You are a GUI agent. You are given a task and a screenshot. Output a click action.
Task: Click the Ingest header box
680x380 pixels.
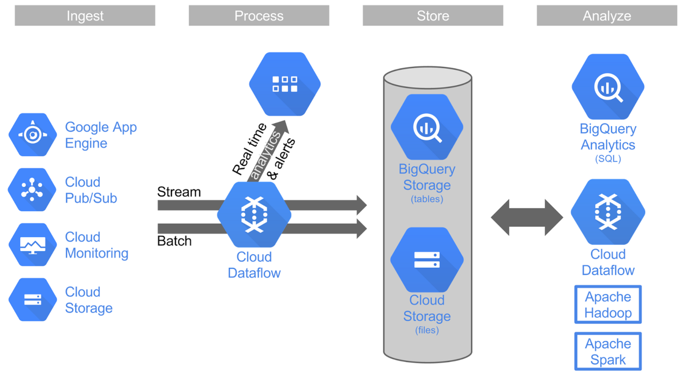[x=85, y=16]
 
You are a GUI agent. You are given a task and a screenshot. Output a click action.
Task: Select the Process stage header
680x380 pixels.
[x=258, y=16]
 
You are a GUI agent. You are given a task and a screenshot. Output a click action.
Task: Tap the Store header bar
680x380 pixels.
[x=433, y=16]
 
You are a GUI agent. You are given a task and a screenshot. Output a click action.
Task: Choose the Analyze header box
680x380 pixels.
[x=607, y=16]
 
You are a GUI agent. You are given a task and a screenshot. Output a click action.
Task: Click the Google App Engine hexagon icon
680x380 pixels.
[x=33, y=135]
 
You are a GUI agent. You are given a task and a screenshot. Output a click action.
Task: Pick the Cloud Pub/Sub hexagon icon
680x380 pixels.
[x=33, y=190]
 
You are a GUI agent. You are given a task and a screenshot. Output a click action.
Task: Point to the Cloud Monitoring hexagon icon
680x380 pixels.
[x=33, y=245]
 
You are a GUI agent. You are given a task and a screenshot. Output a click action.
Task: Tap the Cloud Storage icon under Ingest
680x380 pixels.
[x=33, y=299]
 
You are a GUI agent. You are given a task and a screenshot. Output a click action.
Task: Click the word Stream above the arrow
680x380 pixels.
[x=179, y=192]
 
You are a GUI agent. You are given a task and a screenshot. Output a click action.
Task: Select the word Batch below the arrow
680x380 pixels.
[x=174, y=241]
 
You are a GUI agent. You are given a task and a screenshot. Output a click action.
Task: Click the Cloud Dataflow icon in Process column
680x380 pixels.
[x=254, y=215]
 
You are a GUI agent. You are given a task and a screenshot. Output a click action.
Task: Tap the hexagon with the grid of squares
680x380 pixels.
[x=284, y=84]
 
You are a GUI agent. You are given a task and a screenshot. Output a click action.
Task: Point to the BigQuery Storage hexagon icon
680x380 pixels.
[x=427, y=127]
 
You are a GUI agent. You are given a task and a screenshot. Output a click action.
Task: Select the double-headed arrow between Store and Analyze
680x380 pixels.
[x=527, y=218]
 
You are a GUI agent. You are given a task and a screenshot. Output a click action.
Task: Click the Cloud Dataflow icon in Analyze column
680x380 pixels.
[x=608, y=212]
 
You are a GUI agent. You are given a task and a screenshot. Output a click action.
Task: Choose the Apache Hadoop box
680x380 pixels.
[x=608, y=305]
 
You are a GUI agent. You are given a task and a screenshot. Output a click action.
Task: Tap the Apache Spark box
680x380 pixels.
[x=608, y=351]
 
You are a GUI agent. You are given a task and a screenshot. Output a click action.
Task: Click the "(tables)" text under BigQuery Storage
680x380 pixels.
[x=427, y=199]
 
